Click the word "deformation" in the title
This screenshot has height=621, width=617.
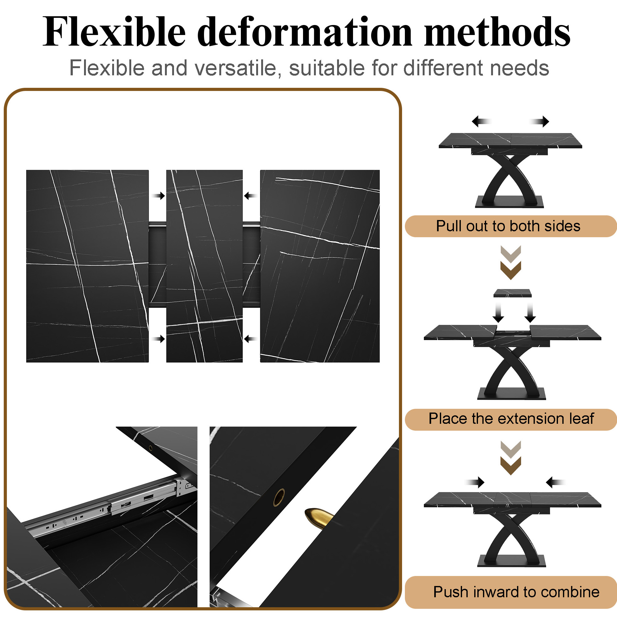pos(305,32)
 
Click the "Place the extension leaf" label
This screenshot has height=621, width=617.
pos(511,418)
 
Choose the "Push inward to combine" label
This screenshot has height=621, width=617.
pos(516,592)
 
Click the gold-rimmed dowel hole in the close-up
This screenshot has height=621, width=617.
pos(279,497)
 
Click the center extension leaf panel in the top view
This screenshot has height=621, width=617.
pos(204,266)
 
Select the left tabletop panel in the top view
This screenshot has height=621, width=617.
pos(87,266)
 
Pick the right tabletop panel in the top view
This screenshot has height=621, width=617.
pos(320,266)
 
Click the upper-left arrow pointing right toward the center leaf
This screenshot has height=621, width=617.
pos(158,196)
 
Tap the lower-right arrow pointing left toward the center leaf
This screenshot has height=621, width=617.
pos(250,339)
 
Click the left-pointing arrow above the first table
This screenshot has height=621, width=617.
pos(482,121)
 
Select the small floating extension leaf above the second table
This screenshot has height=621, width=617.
pos(512,293)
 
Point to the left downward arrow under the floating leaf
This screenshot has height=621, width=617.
pos(498,312)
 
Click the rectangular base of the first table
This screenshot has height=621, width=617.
pos(509,202)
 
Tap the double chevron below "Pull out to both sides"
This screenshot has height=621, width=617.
pos(511,263)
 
